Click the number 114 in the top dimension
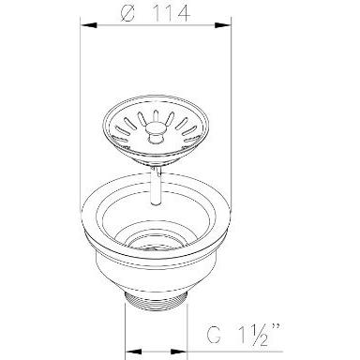click(172, 13)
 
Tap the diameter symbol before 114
click(127, 13)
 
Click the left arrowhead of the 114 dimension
click(88, 25)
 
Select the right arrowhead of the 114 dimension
click(223, 25)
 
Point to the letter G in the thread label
click(214, 335)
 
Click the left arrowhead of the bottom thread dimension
click(133, 352)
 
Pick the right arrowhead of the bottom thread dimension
click(178, 352)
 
